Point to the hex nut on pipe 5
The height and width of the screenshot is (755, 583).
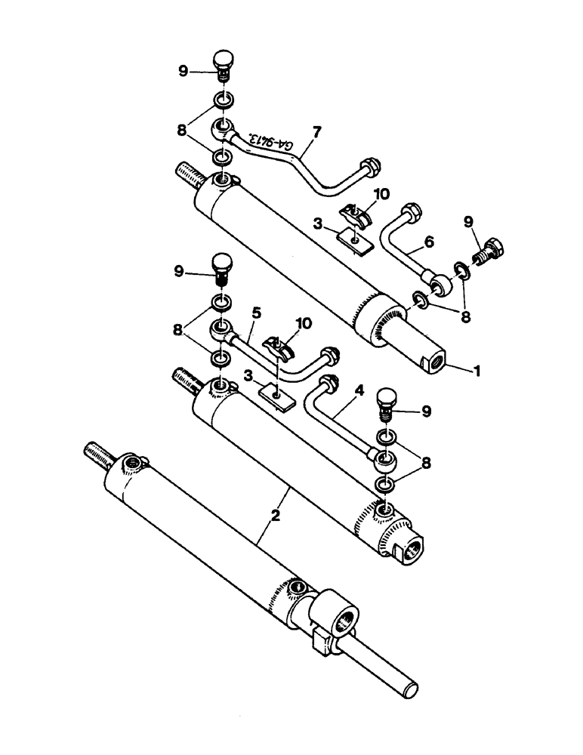(329, 355)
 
